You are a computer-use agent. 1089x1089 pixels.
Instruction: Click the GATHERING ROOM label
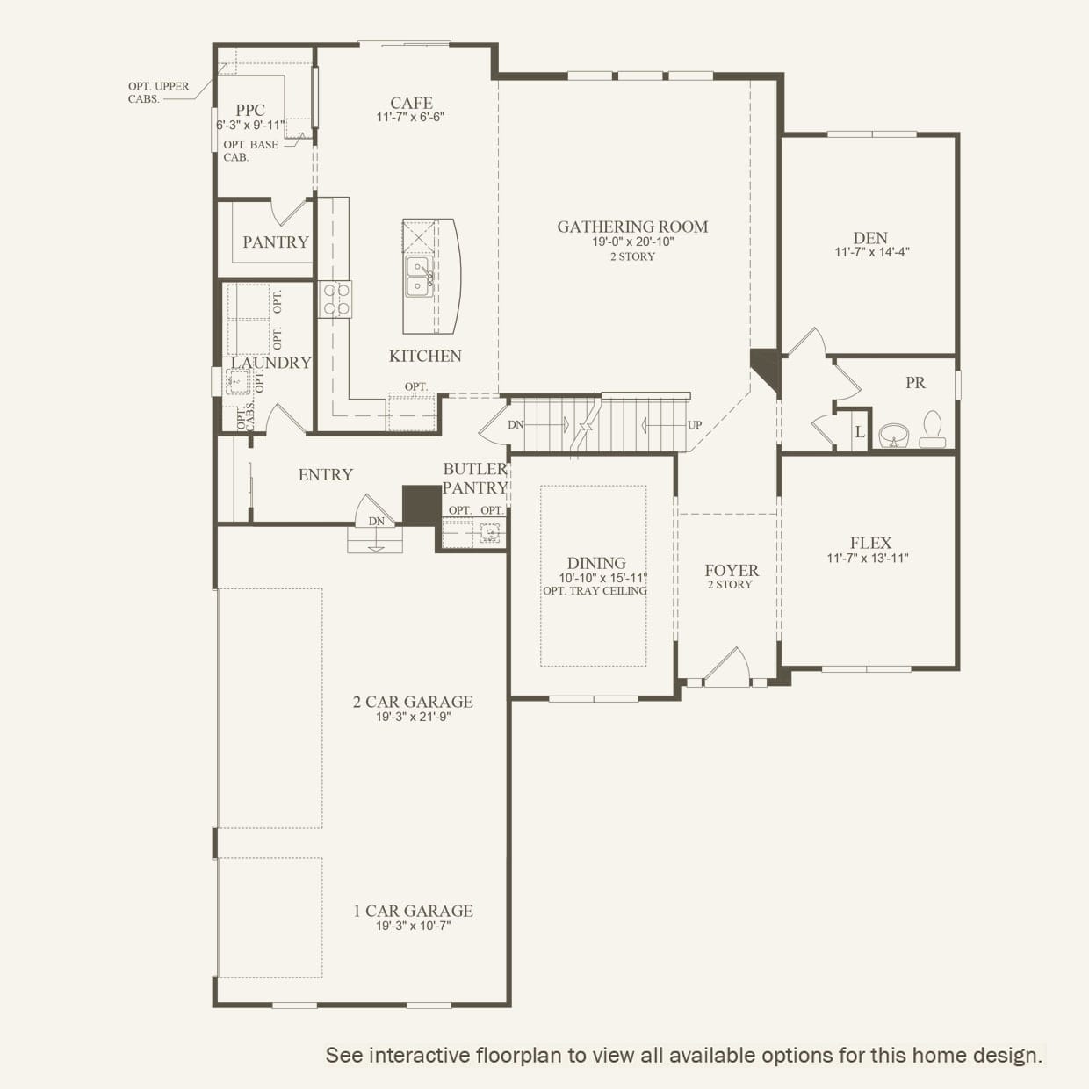[x=632, y=227]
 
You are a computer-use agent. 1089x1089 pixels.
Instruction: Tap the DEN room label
[x=870, y=238]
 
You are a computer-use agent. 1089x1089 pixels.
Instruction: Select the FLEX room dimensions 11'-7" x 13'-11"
[x=868, y=559]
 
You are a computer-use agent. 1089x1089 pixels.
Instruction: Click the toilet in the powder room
[x=933, y=429]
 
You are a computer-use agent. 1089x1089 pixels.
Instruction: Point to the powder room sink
[x=894, y=435]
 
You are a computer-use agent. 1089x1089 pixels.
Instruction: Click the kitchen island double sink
[x=419, y=277]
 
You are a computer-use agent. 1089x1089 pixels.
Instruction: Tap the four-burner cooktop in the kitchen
[x=335, y=299]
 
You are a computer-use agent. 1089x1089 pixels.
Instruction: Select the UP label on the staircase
[x=695, y=425]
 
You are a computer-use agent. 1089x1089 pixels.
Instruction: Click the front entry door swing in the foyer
[x=727, y=667]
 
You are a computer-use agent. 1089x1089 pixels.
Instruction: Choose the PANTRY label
[x=276, y=242]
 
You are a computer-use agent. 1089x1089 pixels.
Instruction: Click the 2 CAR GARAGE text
[x=413, y=702]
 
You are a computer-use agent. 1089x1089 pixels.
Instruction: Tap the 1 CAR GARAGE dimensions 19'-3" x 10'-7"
[x=413, y=926]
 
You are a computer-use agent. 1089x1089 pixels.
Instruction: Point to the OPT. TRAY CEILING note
[x=595, y=590]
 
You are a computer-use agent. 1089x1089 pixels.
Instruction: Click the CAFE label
[x=411, y=103]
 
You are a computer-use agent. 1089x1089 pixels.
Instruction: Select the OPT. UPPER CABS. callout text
[x=159, y=93]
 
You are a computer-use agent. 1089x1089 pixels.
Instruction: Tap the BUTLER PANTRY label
[x=475, y=478]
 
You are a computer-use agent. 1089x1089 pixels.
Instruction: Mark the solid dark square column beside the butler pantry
[x=422, y=505]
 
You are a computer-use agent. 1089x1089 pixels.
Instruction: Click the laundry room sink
[x=238, y=382]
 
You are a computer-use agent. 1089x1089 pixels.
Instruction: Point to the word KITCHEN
[x=425, y=356]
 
